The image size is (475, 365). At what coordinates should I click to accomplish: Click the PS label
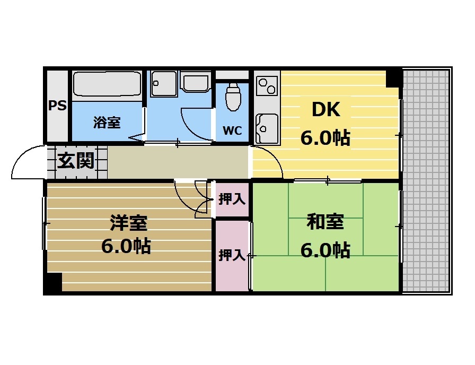(x=58, y=106)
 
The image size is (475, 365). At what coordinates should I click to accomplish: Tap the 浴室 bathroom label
(x=107, y=123)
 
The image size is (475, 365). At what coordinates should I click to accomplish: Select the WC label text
(x=232, y=131)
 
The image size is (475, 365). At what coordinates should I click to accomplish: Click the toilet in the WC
(x=233, y=97)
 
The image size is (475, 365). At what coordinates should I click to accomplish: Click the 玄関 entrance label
(x=76, y=161)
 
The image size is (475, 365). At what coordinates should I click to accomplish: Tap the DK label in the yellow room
(x=325, y=110)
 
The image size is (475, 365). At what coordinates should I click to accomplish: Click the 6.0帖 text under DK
(x=325, y=138)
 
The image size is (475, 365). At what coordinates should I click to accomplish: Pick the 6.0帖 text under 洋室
(x=126, y=247)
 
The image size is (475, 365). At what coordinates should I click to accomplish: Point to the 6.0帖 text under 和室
(x=325, y=249)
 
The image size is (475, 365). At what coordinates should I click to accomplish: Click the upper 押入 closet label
(x=232, y=199)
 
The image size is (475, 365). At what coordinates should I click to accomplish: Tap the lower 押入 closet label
(x=232, y=256)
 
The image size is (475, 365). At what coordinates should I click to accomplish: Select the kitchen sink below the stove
(x=267, y=127)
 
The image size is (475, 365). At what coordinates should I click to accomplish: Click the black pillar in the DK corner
(x=394, y=77)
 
